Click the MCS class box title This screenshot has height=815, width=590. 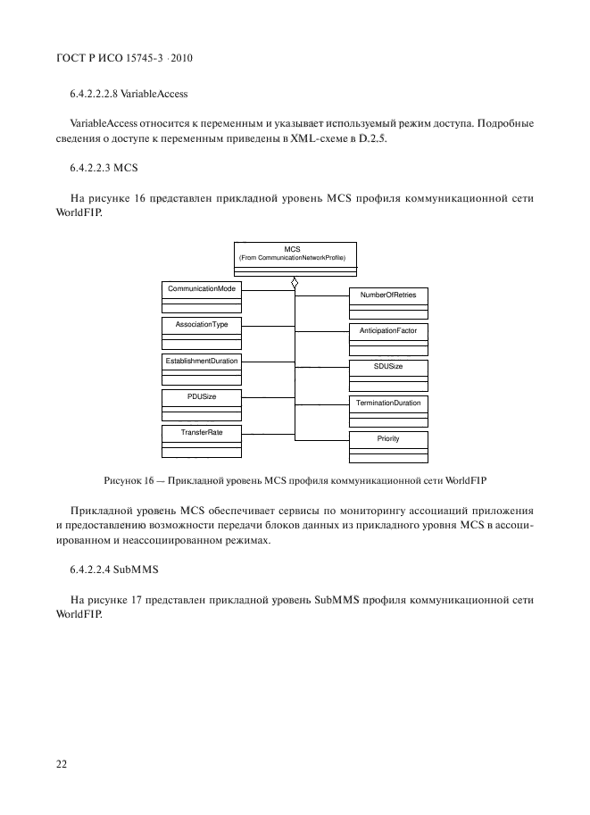[294, 249]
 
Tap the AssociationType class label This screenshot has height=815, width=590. [201, 324]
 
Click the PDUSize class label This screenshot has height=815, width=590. [201, 396]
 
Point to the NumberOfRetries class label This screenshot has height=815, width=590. [388, 295]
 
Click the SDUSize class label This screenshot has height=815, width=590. [388, 366]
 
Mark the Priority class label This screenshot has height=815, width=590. [388, 439]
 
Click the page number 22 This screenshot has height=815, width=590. [62, 764]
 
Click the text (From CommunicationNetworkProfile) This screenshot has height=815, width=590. [294, 258]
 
